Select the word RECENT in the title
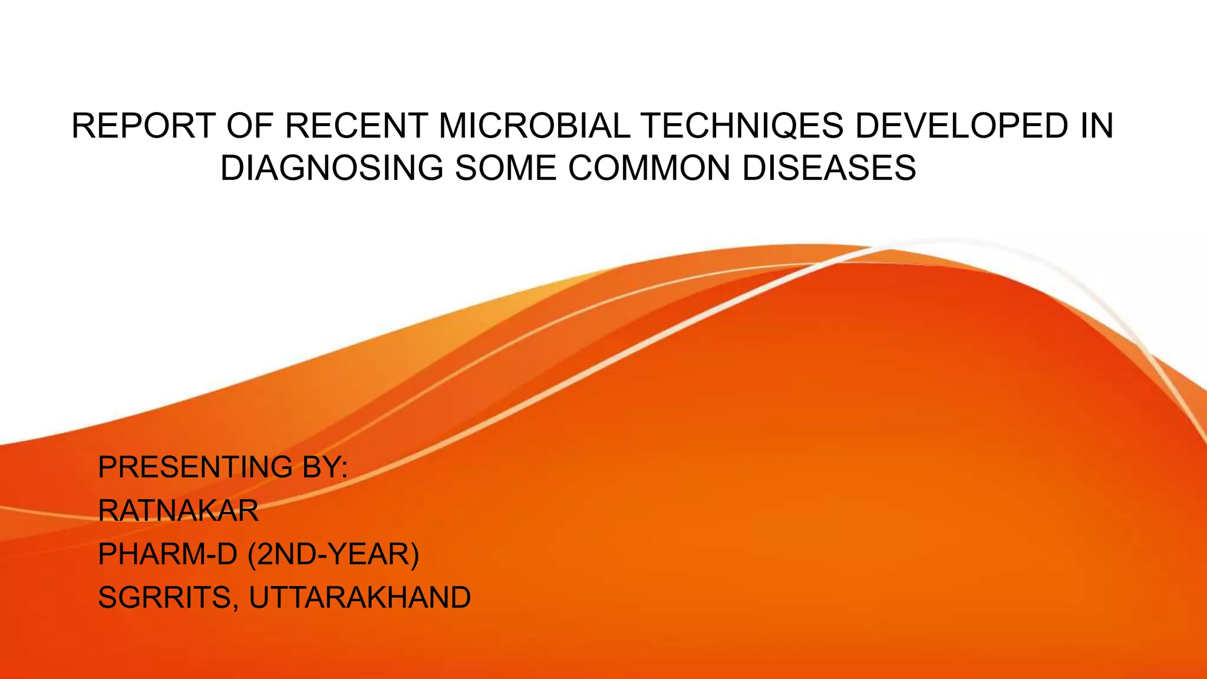[x=357, y=126]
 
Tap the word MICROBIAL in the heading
[x=535, y=126]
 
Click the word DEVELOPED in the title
[x=961, y=126]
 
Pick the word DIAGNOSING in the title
[x=331, y=169]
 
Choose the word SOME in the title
[x=505, y=169]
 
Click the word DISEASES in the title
[x=829, y=169]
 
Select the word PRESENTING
[x=195, y=467]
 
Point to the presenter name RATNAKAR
[x=178, y=511]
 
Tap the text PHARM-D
[x=167, y=555]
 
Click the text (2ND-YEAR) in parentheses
[x=334, y=555]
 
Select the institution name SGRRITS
[x=166, y=598]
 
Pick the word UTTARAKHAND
[x=360, y=598]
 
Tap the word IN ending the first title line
[x=1097, y=126]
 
